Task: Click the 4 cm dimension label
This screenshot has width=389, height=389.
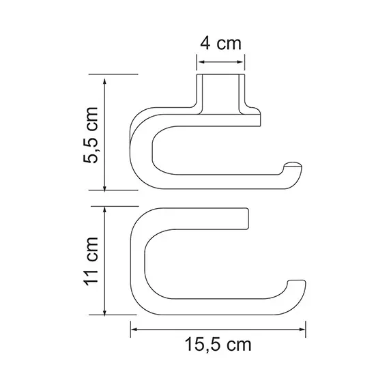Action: tap(220, 43)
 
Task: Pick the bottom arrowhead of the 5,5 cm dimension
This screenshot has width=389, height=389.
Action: tap(104, 187)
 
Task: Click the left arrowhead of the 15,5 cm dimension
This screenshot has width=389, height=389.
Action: tap(134, 330)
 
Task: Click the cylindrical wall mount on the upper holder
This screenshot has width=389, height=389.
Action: tap(220, 92)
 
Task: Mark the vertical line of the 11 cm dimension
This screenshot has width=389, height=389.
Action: tap(104, 263)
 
